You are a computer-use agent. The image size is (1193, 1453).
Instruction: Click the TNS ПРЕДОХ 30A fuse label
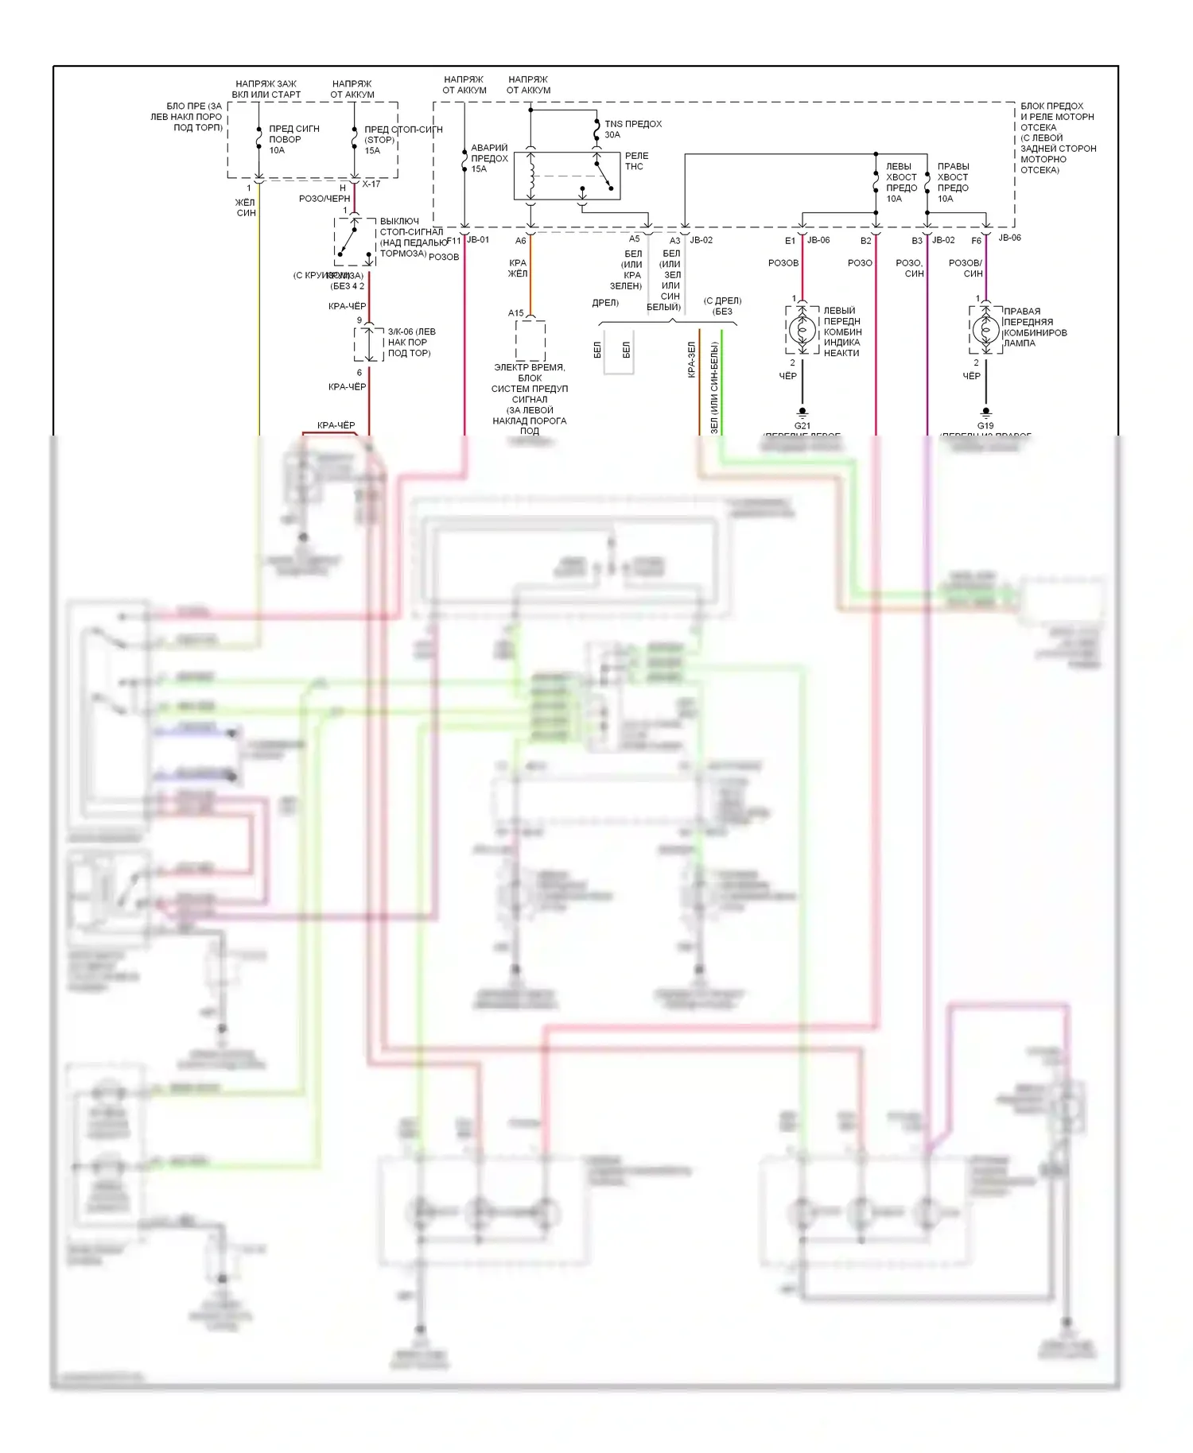click(x=632, y=129)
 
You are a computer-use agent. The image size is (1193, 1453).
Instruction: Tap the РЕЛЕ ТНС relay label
click(x=636, y=161)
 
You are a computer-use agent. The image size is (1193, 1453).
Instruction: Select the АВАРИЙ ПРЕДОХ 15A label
click(x=488, y=158)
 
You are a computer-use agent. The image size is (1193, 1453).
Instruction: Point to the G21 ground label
click(x=802, y=426)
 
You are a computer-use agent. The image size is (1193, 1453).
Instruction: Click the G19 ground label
click(x=985, y=426)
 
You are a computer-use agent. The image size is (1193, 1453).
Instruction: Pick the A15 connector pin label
click(x=516, y=313)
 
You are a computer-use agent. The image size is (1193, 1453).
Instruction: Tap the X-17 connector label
click(x=371, y=184)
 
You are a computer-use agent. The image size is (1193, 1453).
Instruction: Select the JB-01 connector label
click(x=478, y=240)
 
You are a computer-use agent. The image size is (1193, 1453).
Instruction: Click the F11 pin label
click(x=453, y=241)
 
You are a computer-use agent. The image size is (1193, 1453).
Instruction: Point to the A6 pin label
click(x=521, y=241)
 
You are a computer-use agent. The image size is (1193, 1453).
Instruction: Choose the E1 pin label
click(x=790, y=241)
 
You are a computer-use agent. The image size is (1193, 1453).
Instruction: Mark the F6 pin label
click(x=976, y=241)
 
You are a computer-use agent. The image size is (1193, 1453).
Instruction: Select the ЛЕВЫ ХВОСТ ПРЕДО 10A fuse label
click(x=901, y=183)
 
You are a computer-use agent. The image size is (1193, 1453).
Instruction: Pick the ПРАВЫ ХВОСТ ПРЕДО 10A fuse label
click(x=953, y=183)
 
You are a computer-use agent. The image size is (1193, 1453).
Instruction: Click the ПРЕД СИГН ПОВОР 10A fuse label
click(x=293, y=139)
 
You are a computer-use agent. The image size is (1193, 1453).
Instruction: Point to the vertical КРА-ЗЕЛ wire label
click(x=692, y=359)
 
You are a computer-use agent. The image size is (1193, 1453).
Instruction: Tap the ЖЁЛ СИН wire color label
click(x=246, y=207)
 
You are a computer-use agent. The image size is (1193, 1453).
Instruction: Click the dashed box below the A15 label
click(x=530, y=340)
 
